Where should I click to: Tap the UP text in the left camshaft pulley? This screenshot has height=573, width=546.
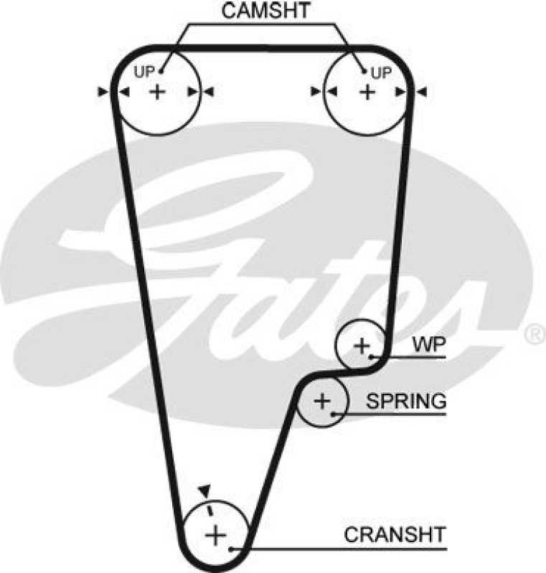pos(144,71)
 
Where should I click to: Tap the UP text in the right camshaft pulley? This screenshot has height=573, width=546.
pos(381,72)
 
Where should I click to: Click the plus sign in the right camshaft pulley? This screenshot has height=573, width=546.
pos(367,91)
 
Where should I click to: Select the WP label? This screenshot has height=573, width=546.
pos(429,345)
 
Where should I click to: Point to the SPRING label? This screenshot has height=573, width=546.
pos(406,400)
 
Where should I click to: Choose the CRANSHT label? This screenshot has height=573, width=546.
pos(395,534)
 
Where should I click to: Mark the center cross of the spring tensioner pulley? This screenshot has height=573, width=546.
pos(322,401)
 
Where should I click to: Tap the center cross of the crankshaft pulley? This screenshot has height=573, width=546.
pos(214,534)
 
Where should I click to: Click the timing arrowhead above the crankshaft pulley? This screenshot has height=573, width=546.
pos(204,489)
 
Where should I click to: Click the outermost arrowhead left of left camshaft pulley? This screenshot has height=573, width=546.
pos(103,91)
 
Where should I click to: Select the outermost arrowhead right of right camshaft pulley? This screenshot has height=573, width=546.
pos(422,91)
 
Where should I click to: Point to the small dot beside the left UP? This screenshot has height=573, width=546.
pos(162,70)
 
